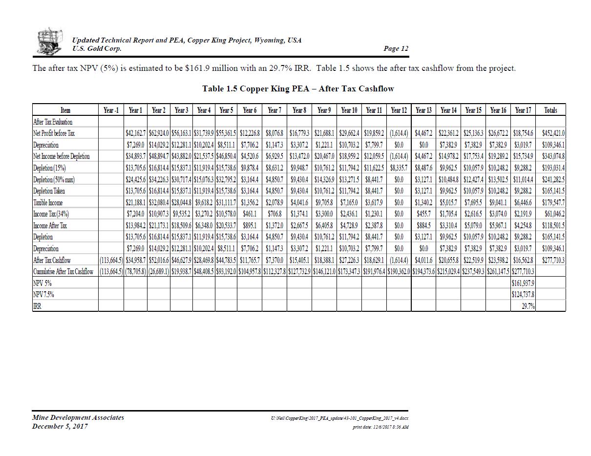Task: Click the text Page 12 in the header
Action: coord(396,48)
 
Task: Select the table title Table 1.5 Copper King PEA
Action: coord(298,88)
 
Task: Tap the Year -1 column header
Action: coord(111,110)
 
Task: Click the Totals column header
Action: coord(550,110)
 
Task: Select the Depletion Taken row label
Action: coord(49,191)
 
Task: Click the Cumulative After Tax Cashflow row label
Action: coord(63,272)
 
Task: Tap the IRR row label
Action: coord(37,306)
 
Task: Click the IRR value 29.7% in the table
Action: coord(528,306)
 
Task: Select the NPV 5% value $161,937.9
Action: coord(523,283)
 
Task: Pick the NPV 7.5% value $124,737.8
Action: coord(523,295)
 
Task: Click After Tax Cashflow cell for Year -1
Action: coord(111,261)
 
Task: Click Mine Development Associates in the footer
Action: coord(78,417)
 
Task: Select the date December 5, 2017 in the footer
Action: coord(60,426)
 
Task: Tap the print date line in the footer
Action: coord(380,427)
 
